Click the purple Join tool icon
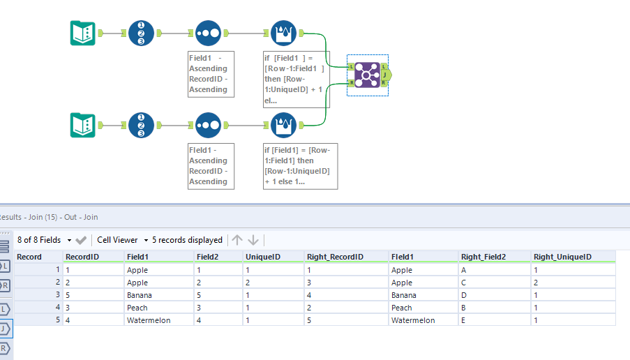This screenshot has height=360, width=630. pyautogui.click(x=367, y=75)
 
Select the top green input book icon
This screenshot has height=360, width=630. pyautogui.click(x=83, y=33)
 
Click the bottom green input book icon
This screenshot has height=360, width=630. pyautogui.click(x=83, y=125)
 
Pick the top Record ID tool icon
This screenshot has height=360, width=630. pyautogui.click(x=141, y=33)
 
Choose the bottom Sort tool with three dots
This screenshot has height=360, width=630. pyautogui.click(x=208, y=125)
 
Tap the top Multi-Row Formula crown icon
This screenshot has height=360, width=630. pyautogui.click(x=283, y=33)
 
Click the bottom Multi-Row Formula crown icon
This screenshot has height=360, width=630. pyautogui.click(x=283, y=125)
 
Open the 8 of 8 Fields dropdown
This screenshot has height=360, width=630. pyautogui.click(x=44, y=240)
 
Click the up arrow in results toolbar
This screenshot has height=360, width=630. pyautogui.click(x=237, y=240)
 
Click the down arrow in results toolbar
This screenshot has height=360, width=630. pyautogui.click(x=253, y=240)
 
